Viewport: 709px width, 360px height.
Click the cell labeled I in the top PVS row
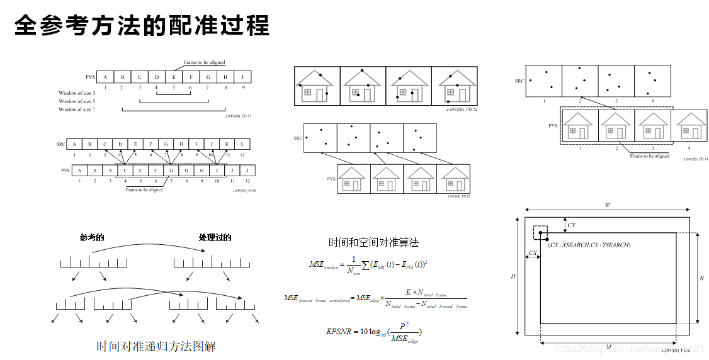(x=243, y=77)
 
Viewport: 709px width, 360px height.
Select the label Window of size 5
(x=77, y=101)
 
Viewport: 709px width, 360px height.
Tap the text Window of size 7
(x=77, y=110)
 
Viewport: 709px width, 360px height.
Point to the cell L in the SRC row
(x=242, y=144)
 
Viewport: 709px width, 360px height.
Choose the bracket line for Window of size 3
(x=173, y=94)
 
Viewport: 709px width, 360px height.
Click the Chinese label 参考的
(x=92, y=237)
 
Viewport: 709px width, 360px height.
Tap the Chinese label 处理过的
(x=215, y=237)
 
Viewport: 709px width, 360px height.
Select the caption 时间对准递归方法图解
(x=156, y=347)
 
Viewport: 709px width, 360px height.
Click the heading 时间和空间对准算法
(x=373, y=242)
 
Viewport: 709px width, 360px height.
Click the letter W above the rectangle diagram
(x=607, y=205)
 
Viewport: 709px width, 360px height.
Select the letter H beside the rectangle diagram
(x=514, y=277)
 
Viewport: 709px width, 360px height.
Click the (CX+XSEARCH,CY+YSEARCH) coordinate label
(x=589, y=244)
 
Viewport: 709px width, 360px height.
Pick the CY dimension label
(x=571, y=225)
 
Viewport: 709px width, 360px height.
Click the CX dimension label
(x=533, y=252)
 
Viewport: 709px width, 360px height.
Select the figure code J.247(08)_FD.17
(x=238, y=116)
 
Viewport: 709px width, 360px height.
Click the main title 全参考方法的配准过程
(x=142, y=26)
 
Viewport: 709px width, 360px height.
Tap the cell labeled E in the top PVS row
(x=174, y=77)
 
